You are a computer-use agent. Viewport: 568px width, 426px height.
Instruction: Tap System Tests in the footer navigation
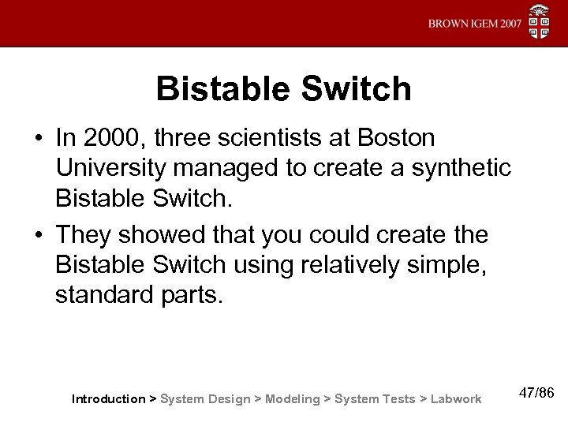click(375, 399)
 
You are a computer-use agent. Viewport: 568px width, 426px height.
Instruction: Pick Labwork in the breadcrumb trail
click(455, 399)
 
